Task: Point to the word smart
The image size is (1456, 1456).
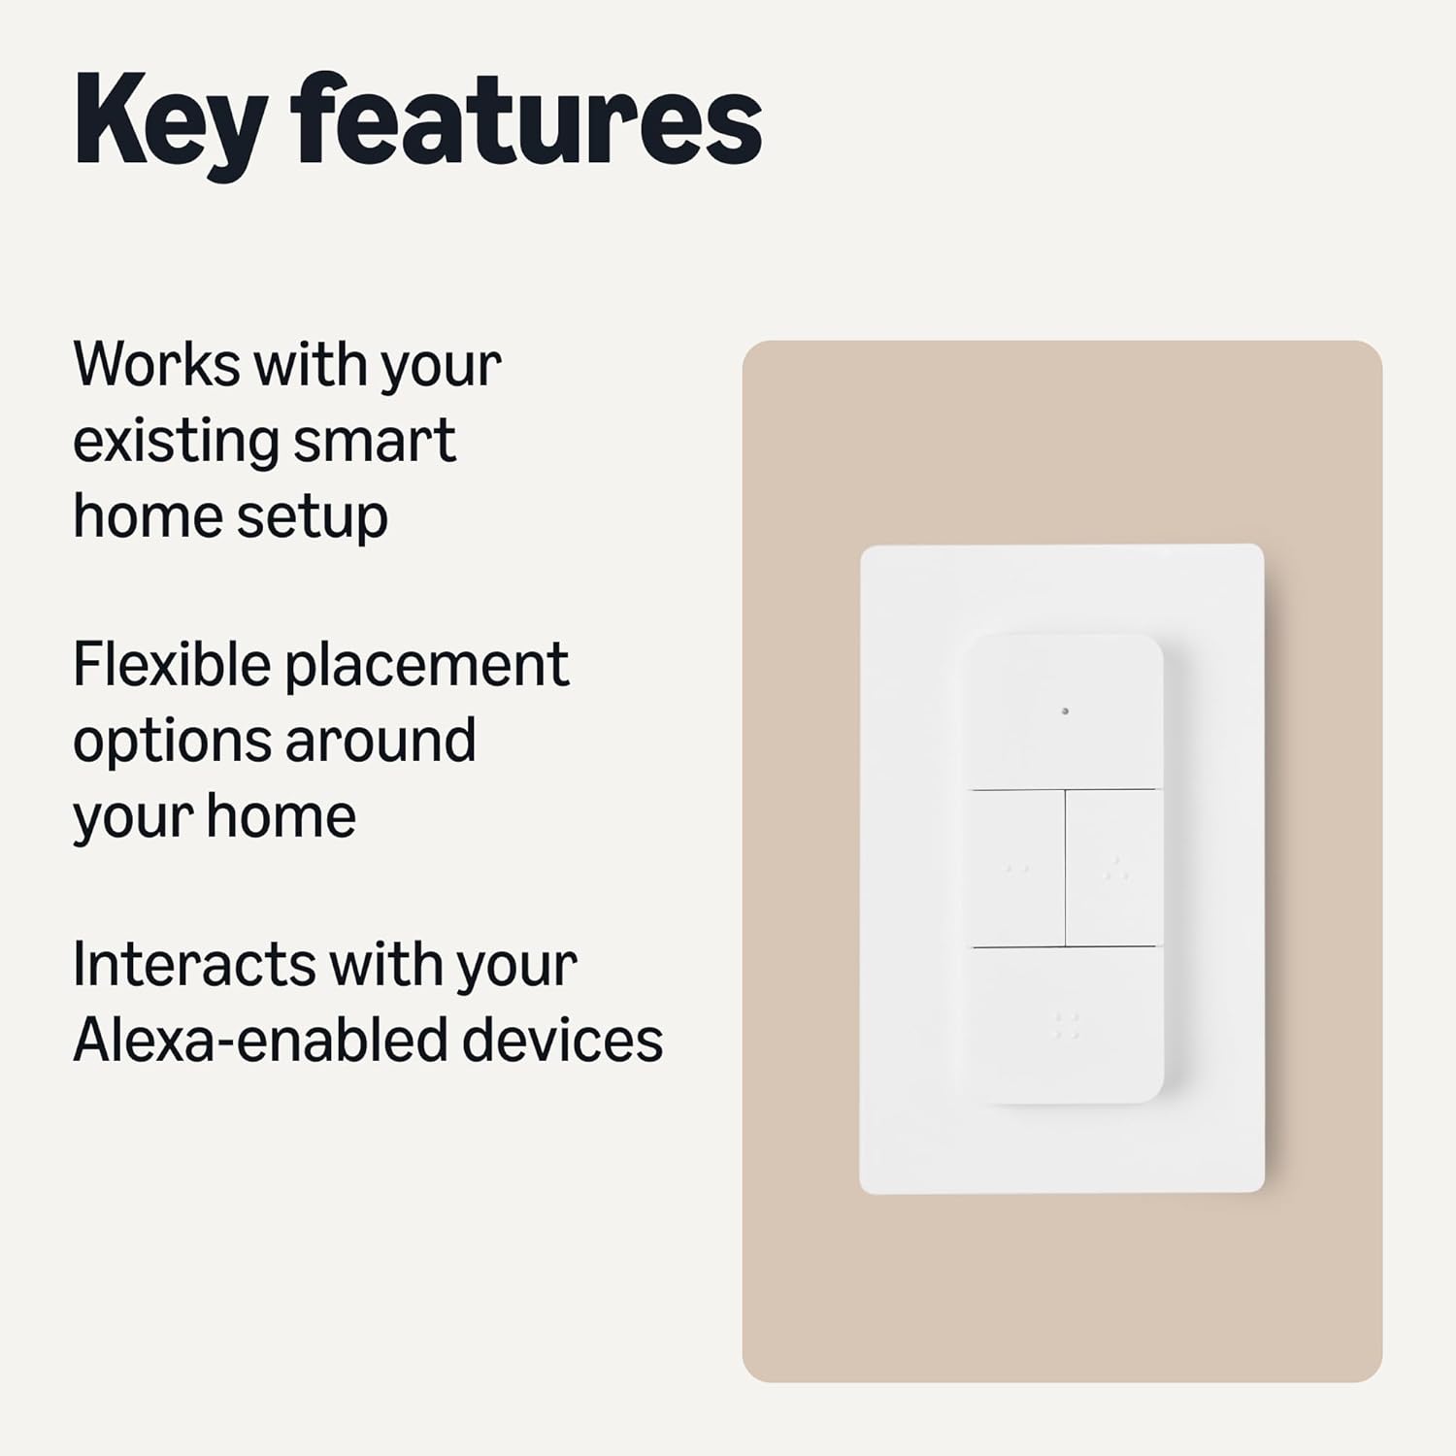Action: [374, 441]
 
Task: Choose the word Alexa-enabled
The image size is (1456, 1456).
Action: [258, 1040]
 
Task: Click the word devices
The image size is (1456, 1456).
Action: [563, 1040]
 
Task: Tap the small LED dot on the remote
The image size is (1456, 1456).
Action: [1065, 711]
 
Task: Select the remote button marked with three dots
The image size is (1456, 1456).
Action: [1113, 868]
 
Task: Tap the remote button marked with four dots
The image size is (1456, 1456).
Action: [1067, 1024]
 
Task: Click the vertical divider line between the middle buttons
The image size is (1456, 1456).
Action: [1066, 868]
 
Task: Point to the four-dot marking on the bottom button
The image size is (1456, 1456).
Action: [1067, 1026]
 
